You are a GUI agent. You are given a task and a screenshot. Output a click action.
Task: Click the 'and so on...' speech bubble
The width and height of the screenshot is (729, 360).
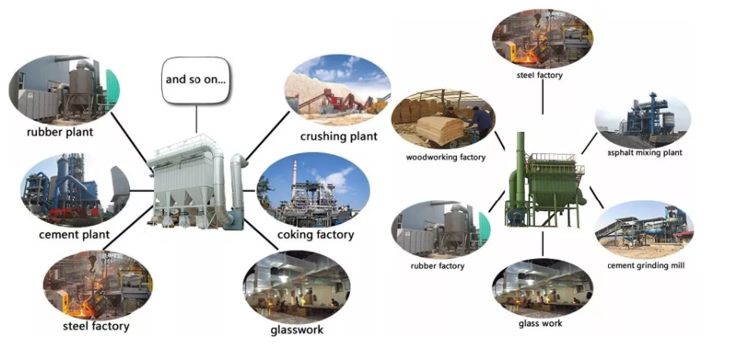tap(196, 79)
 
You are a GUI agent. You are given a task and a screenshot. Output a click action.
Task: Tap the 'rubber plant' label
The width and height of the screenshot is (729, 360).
tap(59, 133)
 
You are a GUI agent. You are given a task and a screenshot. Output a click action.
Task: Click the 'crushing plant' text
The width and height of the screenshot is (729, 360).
tap(339, 136)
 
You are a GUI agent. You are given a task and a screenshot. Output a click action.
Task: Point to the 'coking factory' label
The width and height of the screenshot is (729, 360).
tap(315, 234)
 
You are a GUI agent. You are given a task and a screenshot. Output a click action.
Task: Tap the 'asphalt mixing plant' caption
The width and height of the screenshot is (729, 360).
tap(644, 153)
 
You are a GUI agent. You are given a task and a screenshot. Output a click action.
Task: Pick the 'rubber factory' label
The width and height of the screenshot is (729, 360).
tap(438, 266)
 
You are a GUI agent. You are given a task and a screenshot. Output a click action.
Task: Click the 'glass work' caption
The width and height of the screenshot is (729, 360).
tap(540, 323)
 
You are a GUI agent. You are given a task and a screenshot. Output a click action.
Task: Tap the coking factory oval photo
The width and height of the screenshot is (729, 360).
tap(312, 190)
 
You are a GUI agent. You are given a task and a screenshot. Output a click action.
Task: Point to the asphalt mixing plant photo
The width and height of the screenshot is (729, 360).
tap(643, 119)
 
